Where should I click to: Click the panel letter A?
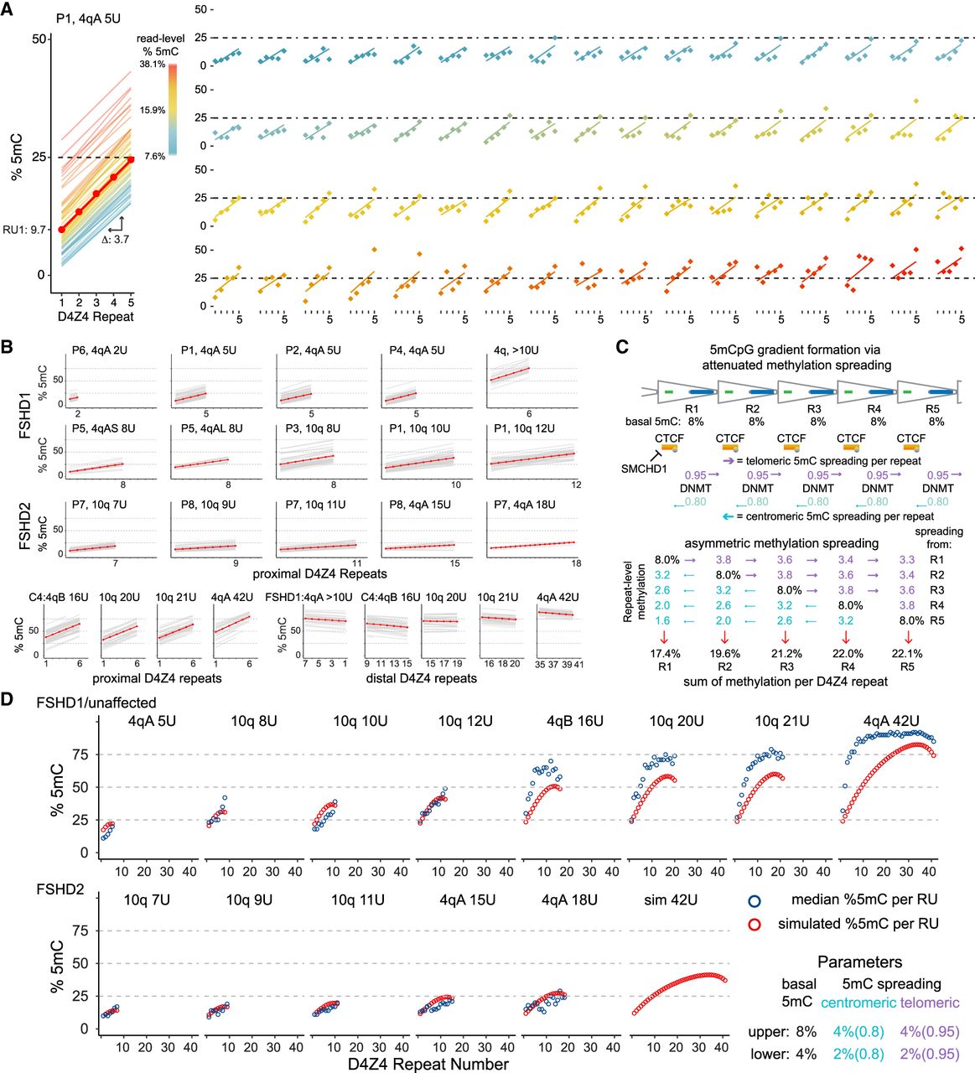tap(7, 9)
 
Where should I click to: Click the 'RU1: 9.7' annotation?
tap(24, 230)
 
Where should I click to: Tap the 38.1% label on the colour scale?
tap(153, 65)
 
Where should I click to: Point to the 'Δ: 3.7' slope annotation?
tap(116, 239)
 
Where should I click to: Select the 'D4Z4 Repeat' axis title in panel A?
tap(96, 317)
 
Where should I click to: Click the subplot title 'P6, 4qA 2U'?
tap(100, 350)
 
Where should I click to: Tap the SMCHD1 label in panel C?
tap(645, 469)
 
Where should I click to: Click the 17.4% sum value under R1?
tap(665, 654)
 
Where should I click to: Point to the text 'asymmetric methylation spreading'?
tap(781, 543)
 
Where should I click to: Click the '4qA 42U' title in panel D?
tap(891, 721)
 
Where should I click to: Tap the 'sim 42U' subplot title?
tap(671, 899)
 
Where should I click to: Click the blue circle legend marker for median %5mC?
tap(754, 901)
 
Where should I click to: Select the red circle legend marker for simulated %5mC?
tap(754, 925)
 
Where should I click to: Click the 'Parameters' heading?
tap(859, 962)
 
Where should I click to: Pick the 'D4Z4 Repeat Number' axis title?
tap(428, 1064)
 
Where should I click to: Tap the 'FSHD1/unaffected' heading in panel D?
tap(96, 702)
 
